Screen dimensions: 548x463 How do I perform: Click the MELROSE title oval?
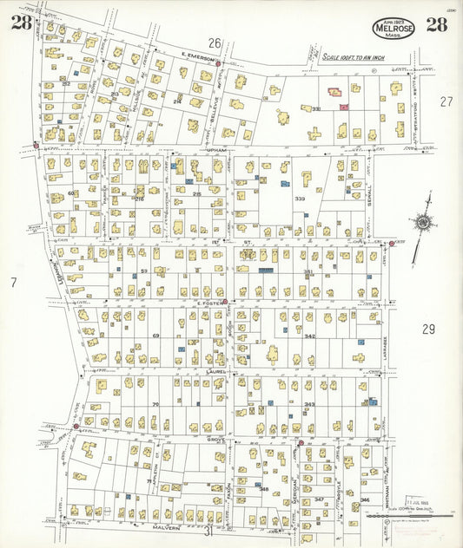tap(394, 28)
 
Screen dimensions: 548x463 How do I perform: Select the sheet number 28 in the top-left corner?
tap(21, 23)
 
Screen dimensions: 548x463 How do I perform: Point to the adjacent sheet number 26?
tap(215, 42)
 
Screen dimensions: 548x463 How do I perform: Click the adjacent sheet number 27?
tap(446, 101)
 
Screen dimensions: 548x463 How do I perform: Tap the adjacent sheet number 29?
tap(428, 329)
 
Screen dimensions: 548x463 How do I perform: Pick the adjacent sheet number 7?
tap(13, 282)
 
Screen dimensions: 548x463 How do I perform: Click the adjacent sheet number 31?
tap(208, 530)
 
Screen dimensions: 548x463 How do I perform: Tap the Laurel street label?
tap(215, 371)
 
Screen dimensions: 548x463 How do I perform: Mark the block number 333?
tap(301, 199)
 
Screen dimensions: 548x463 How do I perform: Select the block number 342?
tap(309, 336)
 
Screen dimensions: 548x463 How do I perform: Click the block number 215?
tap(196, 193)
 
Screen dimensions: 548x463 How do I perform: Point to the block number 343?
tap(309, 404)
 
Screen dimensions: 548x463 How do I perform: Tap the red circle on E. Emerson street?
tap(218, 63)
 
